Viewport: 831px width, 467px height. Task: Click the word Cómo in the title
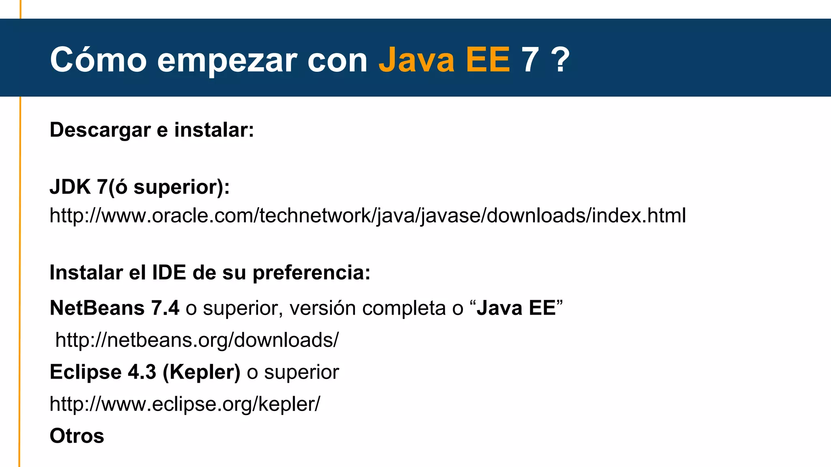pos(98,60)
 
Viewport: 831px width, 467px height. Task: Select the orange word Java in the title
pos(416,60)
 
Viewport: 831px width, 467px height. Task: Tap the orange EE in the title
pos(488,60)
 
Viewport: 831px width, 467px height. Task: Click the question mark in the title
pos(560,60)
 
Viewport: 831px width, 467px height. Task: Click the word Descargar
pos(100,131)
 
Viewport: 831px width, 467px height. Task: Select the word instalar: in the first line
pos(214,130)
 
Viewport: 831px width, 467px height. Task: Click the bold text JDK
pos(70,187)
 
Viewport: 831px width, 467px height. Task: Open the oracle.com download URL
pos(368,215)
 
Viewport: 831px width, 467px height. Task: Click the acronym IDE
pos(169,272)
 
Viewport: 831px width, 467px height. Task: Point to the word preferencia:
pos(311,273)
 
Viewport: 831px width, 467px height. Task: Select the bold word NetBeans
pos(97,308)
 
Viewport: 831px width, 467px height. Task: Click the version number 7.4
pos(165,308)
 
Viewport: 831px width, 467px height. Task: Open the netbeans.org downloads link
pos(197,340)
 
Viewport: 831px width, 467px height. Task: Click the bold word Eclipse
pos(86,372)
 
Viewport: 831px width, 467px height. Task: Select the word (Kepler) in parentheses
pos(201,372)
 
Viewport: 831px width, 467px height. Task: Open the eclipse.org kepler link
pos(185,404)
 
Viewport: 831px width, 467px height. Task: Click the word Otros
pos(77,436)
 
